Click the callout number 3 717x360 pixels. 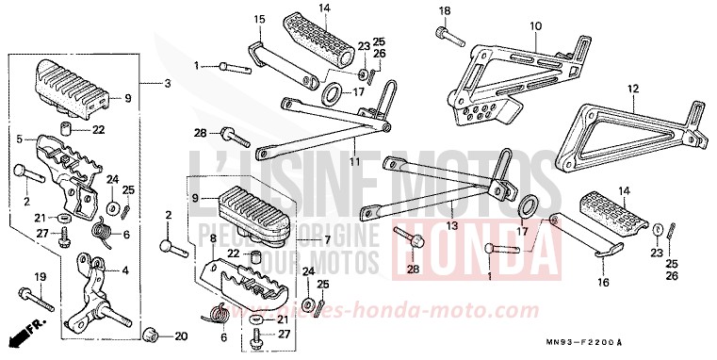click(167, 84)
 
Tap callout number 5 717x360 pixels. click(18, 139)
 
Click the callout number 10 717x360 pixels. click(535, 25)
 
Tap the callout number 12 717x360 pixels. click(633, 89)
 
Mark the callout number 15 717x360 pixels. click(260, 18)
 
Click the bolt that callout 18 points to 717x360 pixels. click(447, 36)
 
